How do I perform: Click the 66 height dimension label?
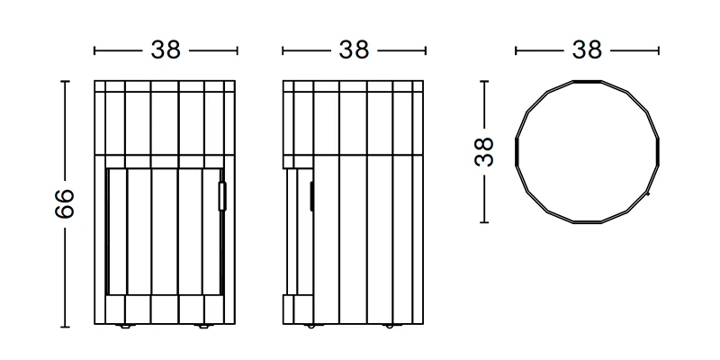pyautogui.click(x=63, y=205)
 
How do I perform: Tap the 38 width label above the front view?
pyautogui.click(x=166, y=50)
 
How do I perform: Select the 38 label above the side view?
pyautogui.click(x=354, y=50)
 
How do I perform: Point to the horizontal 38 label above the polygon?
pyautogui.click(x=587, y=50)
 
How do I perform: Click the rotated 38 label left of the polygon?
pyautogui.click(x=486, y=152)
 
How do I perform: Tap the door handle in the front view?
pyautogui.click(x=223, y=194)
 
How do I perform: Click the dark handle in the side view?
pyautogui.click(x=311, y=196)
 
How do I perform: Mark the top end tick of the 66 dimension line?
pyautogui.click(x=65, y=81)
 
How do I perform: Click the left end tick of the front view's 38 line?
pyautogui.click(x=94, y=51)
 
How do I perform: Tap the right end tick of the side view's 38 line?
pyautogui.click(x=425, y=51)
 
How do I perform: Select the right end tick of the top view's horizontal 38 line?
pyautogui.click(x=659, y=51)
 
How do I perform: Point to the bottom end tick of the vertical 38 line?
pyautogui.click(x=486, y=222)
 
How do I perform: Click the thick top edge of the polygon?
pyautogui.click(x=587, y=81)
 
